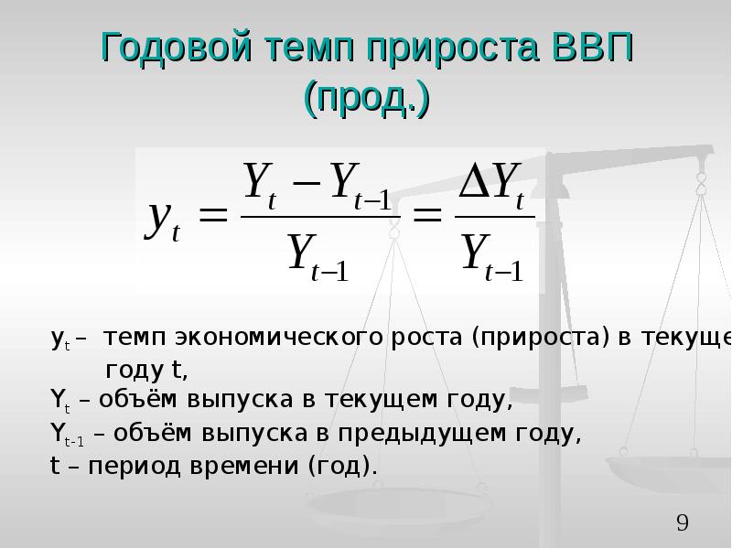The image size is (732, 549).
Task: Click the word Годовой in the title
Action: [x=177, y=48]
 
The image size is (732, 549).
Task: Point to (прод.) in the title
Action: [x=367, y=99]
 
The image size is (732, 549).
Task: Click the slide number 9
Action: [x=683, y=522]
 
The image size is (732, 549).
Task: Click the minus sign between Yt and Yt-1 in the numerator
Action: [x=307, y=182]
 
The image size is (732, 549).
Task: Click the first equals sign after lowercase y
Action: [x=213, y=216]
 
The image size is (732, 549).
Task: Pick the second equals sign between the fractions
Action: [x=427, y=216]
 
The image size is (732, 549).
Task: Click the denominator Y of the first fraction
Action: [x=302, y=252]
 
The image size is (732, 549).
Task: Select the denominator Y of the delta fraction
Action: [x=476, y=252]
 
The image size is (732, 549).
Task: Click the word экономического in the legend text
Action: [x=279, y=337]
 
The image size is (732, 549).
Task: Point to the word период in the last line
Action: [x=134, y=467]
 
